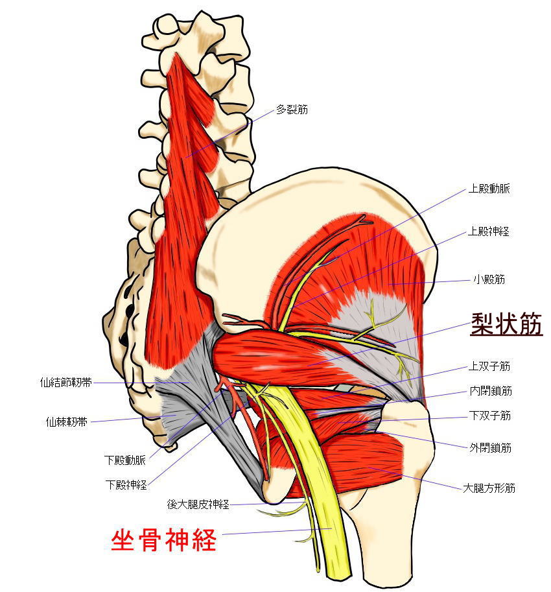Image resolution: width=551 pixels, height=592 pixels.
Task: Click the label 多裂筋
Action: pyautogui.click(x=292, y=110)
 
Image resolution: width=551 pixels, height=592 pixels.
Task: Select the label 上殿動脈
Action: pyautogui.click(x=489, y=189)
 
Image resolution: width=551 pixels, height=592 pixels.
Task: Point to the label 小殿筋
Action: pyautogui.click(x=489, y=279)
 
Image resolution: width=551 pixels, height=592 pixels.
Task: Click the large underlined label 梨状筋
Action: pyautogui.click(x=506, y=324)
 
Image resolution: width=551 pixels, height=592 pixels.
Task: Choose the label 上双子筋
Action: pyautogui.click(x=489, y=366)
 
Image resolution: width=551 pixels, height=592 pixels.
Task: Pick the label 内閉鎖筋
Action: pyautogui.click(x=491, y=391)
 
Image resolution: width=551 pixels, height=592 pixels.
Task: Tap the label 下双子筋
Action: pyautogui.click(x=489, y=416)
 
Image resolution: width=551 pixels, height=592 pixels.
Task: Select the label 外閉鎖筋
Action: pyautogui.click(x=490, y=448)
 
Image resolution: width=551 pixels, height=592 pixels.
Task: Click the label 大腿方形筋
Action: pyautogui.click(x=489, y=488)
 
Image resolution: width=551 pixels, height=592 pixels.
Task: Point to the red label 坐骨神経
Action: pyautogui.click(x=163, y=540)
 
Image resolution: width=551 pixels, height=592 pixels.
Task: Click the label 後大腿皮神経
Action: pyautogui.click(x=198, y=504)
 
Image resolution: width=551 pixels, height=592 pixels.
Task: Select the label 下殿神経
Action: pyautogui.click(x=126, y=485)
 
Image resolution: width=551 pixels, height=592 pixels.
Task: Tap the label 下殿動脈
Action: pyautogui.click(x=125, y=460)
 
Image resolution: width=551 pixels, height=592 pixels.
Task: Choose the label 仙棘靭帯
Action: pyautogui.click(x=66, y=421)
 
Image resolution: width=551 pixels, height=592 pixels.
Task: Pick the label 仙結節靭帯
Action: pyautogui.click(x=66, y=383)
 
